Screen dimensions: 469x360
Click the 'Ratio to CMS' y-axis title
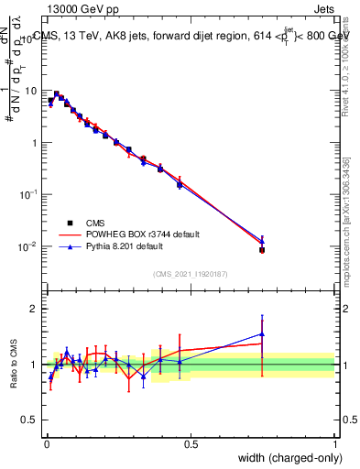[x=16, y=365]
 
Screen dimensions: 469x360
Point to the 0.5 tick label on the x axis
[x=191, y=443]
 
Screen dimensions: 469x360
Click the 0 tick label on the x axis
[x=46, y=443]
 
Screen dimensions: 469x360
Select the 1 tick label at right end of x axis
[x=334, y=443]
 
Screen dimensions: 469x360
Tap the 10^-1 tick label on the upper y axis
[x=30, y=195]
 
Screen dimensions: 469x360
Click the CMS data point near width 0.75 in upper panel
[x=262, y=249]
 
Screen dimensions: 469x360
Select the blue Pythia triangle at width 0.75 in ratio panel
[x=262, y=334]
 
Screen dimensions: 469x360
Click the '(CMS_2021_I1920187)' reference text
[x=191, y=274]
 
